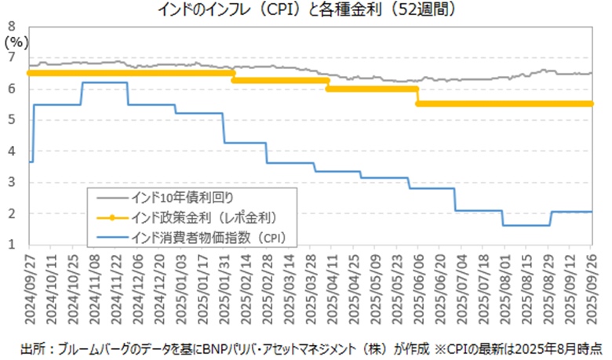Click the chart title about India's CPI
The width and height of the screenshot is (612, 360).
pos(306,10)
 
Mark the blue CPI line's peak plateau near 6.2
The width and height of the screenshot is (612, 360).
pos(104,82)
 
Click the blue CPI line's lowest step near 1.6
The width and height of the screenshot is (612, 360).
pos(526,225)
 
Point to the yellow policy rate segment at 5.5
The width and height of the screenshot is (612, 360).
pos(502,104)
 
